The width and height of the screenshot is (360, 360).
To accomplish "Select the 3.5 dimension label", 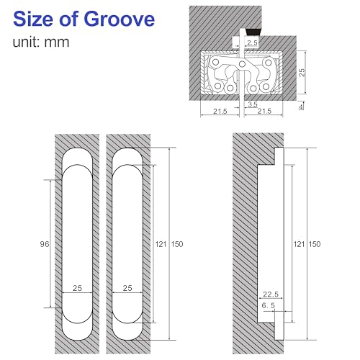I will [x=252, y=104].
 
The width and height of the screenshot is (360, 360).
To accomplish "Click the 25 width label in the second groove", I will [x=128, y=288].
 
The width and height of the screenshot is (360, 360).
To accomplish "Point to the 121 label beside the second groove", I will [x=161, y=244].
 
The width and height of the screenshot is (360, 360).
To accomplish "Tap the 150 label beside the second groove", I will [x=177, y=244].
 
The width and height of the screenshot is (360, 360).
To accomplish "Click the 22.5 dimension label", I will [x=271, y=293].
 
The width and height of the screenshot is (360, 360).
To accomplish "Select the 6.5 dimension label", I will [x=269, y=306].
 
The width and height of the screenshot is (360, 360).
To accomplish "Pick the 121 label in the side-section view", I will [x=298, y=244].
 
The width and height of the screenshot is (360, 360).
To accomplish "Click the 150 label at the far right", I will [x=314, y=244].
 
